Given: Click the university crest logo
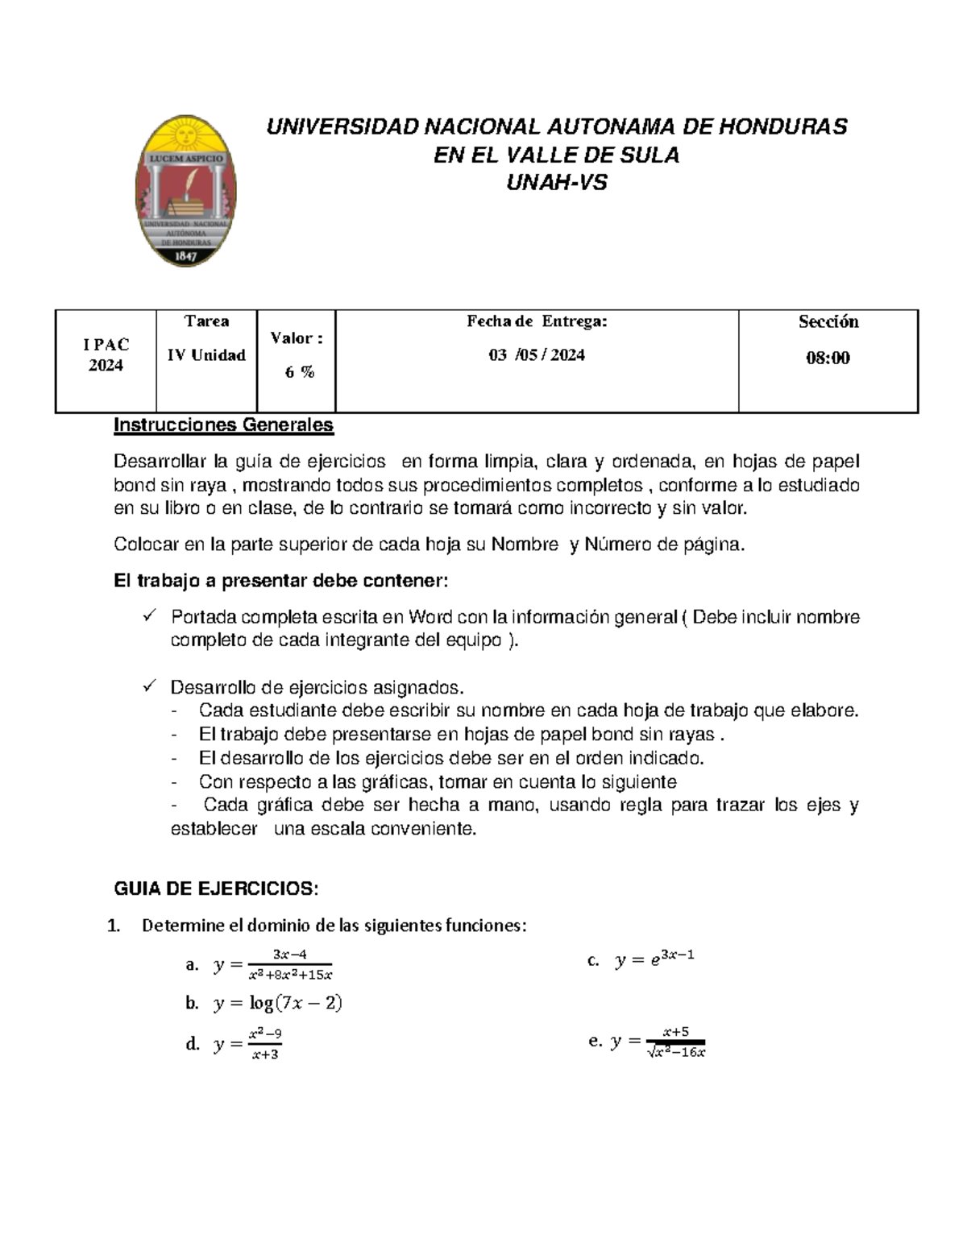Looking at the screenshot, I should point(186,190).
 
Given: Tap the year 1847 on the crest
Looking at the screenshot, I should point(186,255).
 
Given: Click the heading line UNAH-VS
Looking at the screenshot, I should point(556,183).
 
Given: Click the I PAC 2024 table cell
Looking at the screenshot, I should point(106,355).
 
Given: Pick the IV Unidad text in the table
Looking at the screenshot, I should point(206,355).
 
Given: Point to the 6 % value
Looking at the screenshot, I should point(299,372).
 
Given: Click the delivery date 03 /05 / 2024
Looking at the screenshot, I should point(537,355).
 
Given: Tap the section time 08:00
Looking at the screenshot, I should point(828,358).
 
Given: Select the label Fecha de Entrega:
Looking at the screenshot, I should point(537,321).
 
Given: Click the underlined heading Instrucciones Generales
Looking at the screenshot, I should point(223,425).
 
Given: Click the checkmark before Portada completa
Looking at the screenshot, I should point(148,616).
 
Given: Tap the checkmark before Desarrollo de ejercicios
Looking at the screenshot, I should point(148,687).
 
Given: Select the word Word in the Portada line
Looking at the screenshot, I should point(430,617).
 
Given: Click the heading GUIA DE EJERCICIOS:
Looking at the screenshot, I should point(217,889).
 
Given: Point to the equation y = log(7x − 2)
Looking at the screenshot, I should point(278,1003).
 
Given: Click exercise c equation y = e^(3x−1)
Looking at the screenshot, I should point(654,959).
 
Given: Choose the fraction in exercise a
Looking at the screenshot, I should point(290,964).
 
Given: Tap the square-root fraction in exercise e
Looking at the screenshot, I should point(675,1042).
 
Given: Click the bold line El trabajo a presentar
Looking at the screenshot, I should point(280,581).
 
